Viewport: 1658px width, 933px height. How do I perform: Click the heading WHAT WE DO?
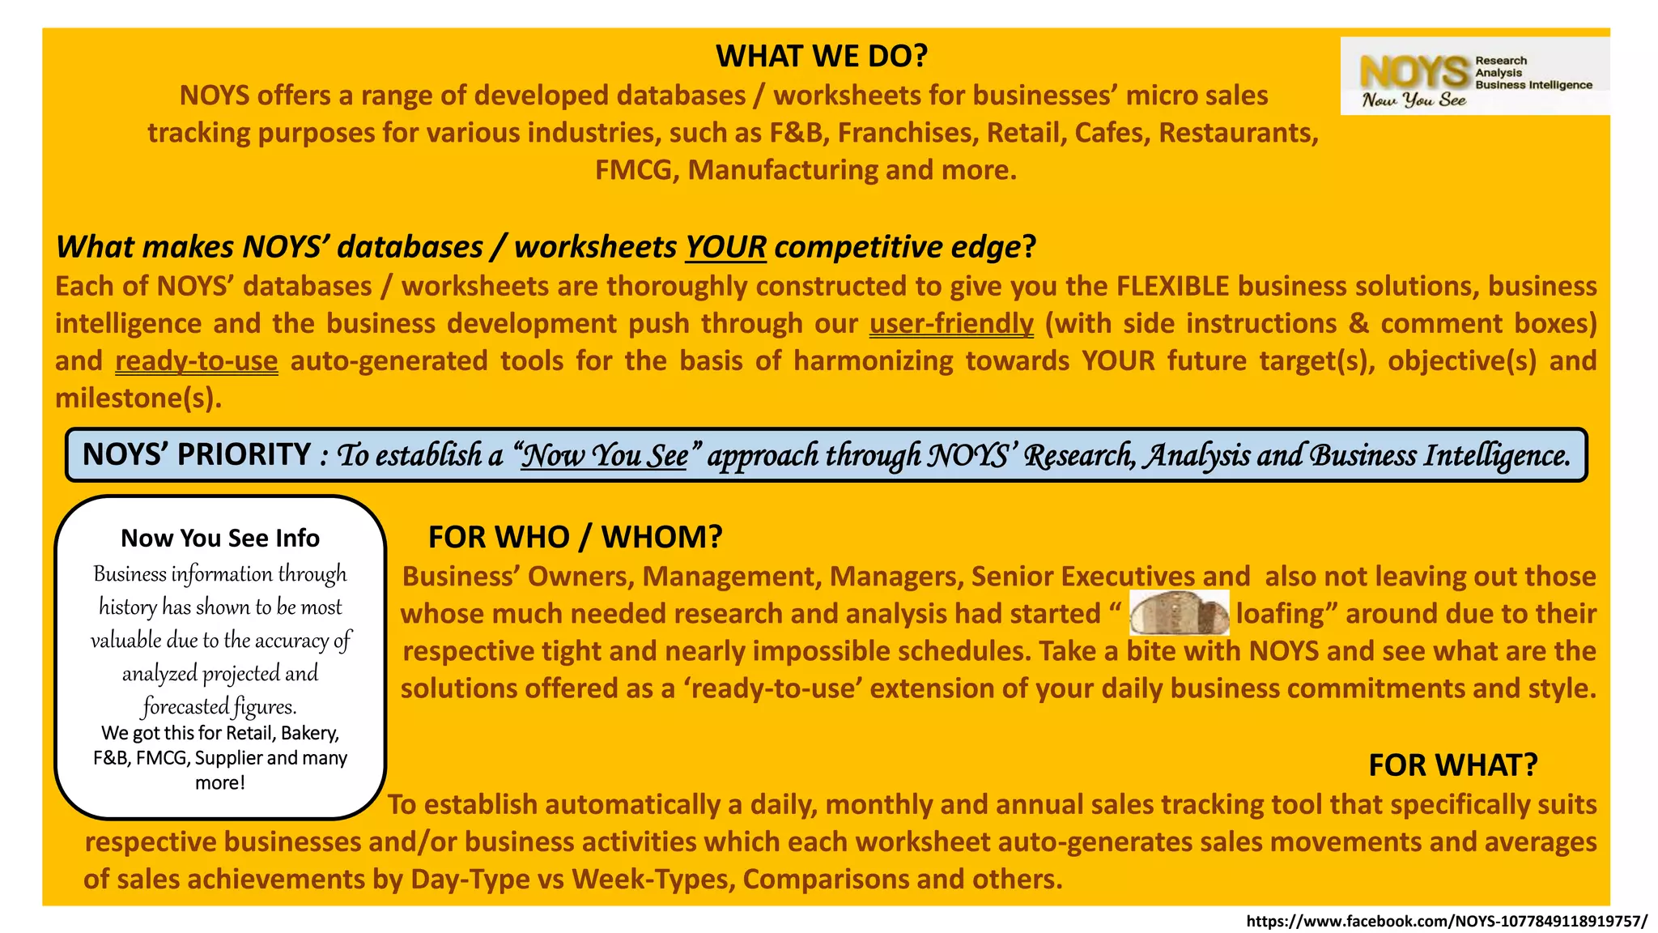point(821,56)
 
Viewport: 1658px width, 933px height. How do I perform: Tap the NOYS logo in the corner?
point(1474,76)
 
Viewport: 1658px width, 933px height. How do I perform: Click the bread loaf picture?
point(1179,613)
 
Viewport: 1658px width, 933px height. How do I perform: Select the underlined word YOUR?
point(725,247)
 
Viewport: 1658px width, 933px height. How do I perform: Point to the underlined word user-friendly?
point(951,323)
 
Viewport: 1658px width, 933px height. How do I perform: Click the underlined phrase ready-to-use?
point(197,360)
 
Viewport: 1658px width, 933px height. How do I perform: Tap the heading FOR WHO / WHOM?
point(575,537)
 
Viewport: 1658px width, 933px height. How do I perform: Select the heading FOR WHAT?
point(1452,765)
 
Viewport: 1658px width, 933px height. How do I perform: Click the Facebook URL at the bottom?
point(1446,921)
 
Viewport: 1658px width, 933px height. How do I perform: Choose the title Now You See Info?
point(220,538)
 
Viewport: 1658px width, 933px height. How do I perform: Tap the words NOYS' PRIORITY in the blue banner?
point(197,454)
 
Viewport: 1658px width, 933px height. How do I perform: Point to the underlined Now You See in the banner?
point(604,455)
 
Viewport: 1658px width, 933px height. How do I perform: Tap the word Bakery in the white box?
point(308,733)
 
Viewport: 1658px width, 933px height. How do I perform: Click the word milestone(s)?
point(138,398)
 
